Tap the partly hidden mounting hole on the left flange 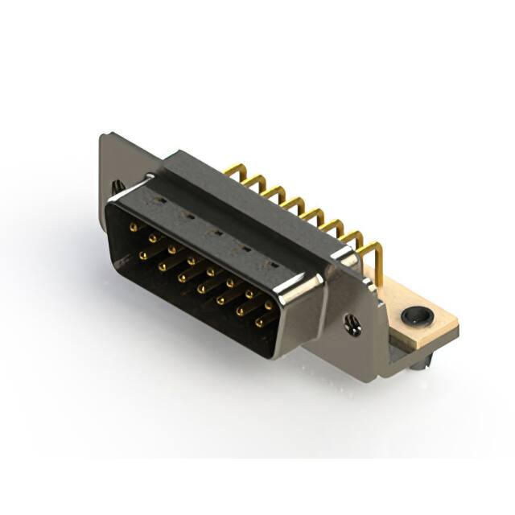coord(117,186)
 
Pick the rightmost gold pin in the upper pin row coord(268,306)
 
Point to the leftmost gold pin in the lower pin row coord(142,255)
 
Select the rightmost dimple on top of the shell coord(272,265)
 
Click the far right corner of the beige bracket coord(457,323)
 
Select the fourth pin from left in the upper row coord(191,261)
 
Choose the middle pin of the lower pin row coord(201,288)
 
